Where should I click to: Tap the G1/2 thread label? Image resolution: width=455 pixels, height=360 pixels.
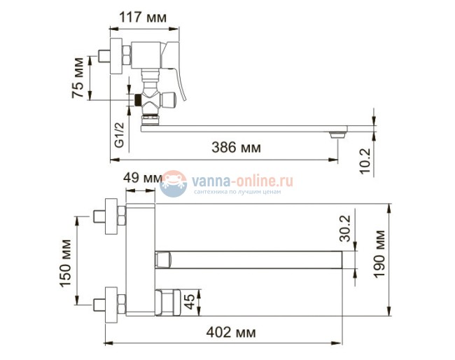(x=120, y=132)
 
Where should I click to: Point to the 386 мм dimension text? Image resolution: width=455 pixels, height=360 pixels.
(x=236, y=147)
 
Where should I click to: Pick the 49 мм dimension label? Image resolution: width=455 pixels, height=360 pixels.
(x=141, y=178)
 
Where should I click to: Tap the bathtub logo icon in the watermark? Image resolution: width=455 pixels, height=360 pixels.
(x=173, y=184)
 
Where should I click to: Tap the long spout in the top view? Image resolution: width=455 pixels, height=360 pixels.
(x=252, y=260)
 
